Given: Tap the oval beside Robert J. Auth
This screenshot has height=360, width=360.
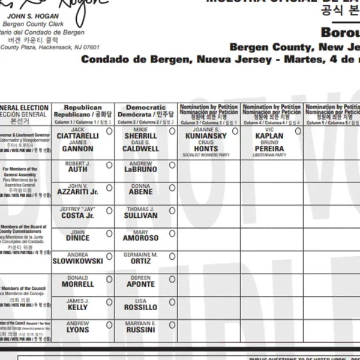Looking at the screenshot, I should pyautogui.click(x=109, y=164).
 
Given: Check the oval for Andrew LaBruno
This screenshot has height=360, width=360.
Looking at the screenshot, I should pyautogui.click(x=172, y=164).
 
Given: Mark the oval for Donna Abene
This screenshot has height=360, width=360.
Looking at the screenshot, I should pyautogui.click(x=172, y=187).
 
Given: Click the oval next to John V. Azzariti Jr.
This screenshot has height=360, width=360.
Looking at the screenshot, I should pyautogui.click(x=109, y=187).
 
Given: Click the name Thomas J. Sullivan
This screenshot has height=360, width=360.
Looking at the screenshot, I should pyautogui.click(x=141, y=212).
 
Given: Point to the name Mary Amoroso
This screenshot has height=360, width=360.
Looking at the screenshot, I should pyautogui.click(x=141, y=235).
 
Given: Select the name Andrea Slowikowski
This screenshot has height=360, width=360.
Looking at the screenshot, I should pyautogui.click(x=78, y=259).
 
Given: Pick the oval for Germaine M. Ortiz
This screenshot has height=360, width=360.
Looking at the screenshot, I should pyautogui.click(x=172, y=256).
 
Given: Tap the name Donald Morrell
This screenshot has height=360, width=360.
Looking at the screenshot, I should pyautogui.click(x=78, y=281).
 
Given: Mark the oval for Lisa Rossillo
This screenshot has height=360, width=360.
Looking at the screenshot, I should pyautogui.click(x=172, y=302).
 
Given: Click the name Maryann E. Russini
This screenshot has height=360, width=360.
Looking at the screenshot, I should pyautogui.click(x=141, y=327).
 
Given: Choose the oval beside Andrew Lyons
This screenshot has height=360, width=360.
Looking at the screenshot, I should pyautogui.click(x=109, y=325).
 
